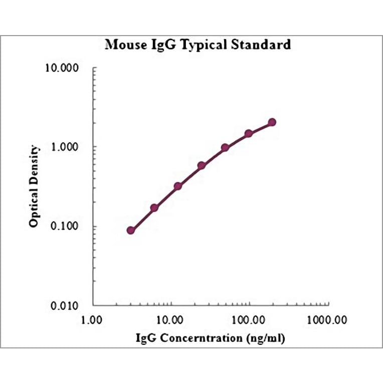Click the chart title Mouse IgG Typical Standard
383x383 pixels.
[198, 45]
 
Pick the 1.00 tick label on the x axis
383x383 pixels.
[93, 319]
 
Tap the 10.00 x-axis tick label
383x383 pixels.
[171, 319]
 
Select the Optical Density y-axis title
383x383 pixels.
[34, 186]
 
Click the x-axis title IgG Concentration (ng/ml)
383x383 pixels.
[211, 339]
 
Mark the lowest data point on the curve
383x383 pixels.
[131, 230]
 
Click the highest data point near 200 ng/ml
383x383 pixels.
[272, 122]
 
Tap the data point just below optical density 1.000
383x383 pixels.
[225, 148]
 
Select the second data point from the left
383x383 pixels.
[154, 208]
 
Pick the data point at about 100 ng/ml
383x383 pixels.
[249, 134]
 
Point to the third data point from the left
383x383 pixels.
[178, 186]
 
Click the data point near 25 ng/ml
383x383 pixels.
[202, 165]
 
